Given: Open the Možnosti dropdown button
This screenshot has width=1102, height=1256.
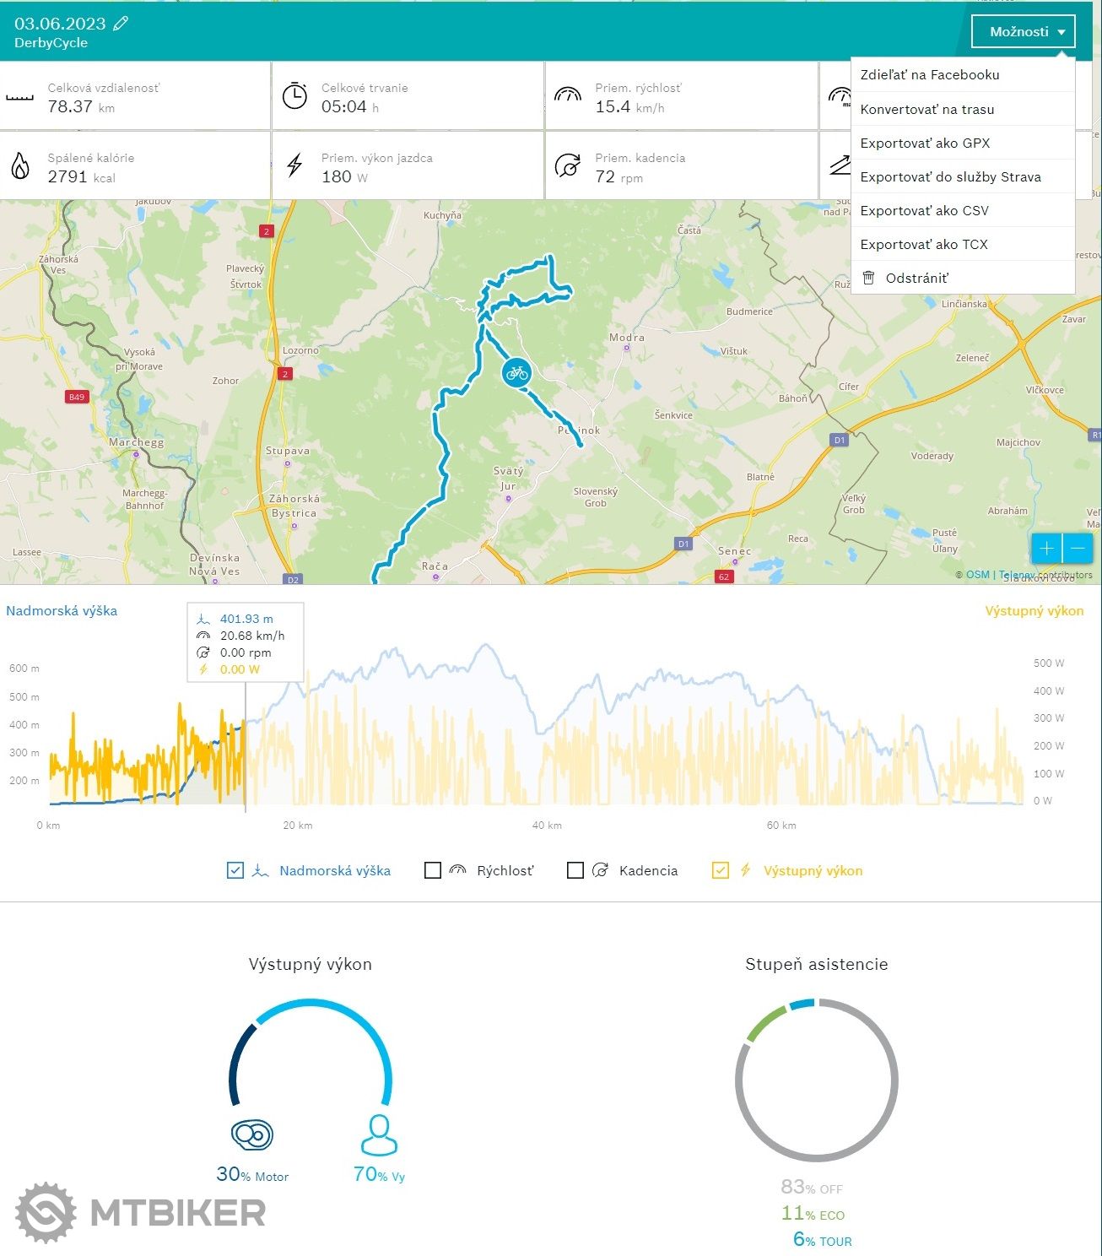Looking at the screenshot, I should [1023, 32].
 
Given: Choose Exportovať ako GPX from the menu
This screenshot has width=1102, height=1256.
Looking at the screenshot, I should [925, 143].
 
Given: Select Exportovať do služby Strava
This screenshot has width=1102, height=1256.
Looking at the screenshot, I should [950, 176].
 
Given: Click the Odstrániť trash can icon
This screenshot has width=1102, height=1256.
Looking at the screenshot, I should [868, 278].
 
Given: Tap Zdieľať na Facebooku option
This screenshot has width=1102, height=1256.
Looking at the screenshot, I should [929, 74].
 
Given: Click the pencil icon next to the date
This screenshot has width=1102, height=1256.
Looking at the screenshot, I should [121, 24].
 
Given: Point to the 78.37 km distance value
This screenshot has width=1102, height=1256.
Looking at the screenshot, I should [70, 106].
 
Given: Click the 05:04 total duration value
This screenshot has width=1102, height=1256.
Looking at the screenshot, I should [343, 106].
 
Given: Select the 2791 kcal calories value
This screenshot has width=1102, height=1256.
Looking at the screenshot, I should [68, 176].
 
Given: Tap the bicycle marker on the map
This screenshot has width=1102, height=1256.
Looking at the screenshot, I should [516, 372].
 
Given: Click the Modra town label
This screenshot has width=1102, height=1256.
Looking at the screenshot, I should [627, 338].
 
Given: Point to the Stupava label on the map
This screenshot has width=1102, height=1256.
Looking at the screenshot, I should [288, 451].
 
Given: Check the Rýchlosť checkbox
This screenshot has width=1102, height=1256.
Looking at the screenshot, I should [433, 870].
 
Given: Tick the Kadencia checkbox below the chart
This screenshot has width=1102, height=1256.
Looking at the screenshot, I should [575, 870].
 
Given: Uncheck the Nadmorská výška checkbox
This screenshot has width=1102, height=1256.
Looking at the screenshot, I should [235, 870].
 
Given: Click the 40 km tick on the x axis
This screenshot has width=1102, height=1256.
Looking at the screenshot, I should [547, 825].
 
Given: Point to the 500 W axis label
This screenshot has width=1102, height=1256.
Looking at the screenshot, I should [1048, 663].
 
